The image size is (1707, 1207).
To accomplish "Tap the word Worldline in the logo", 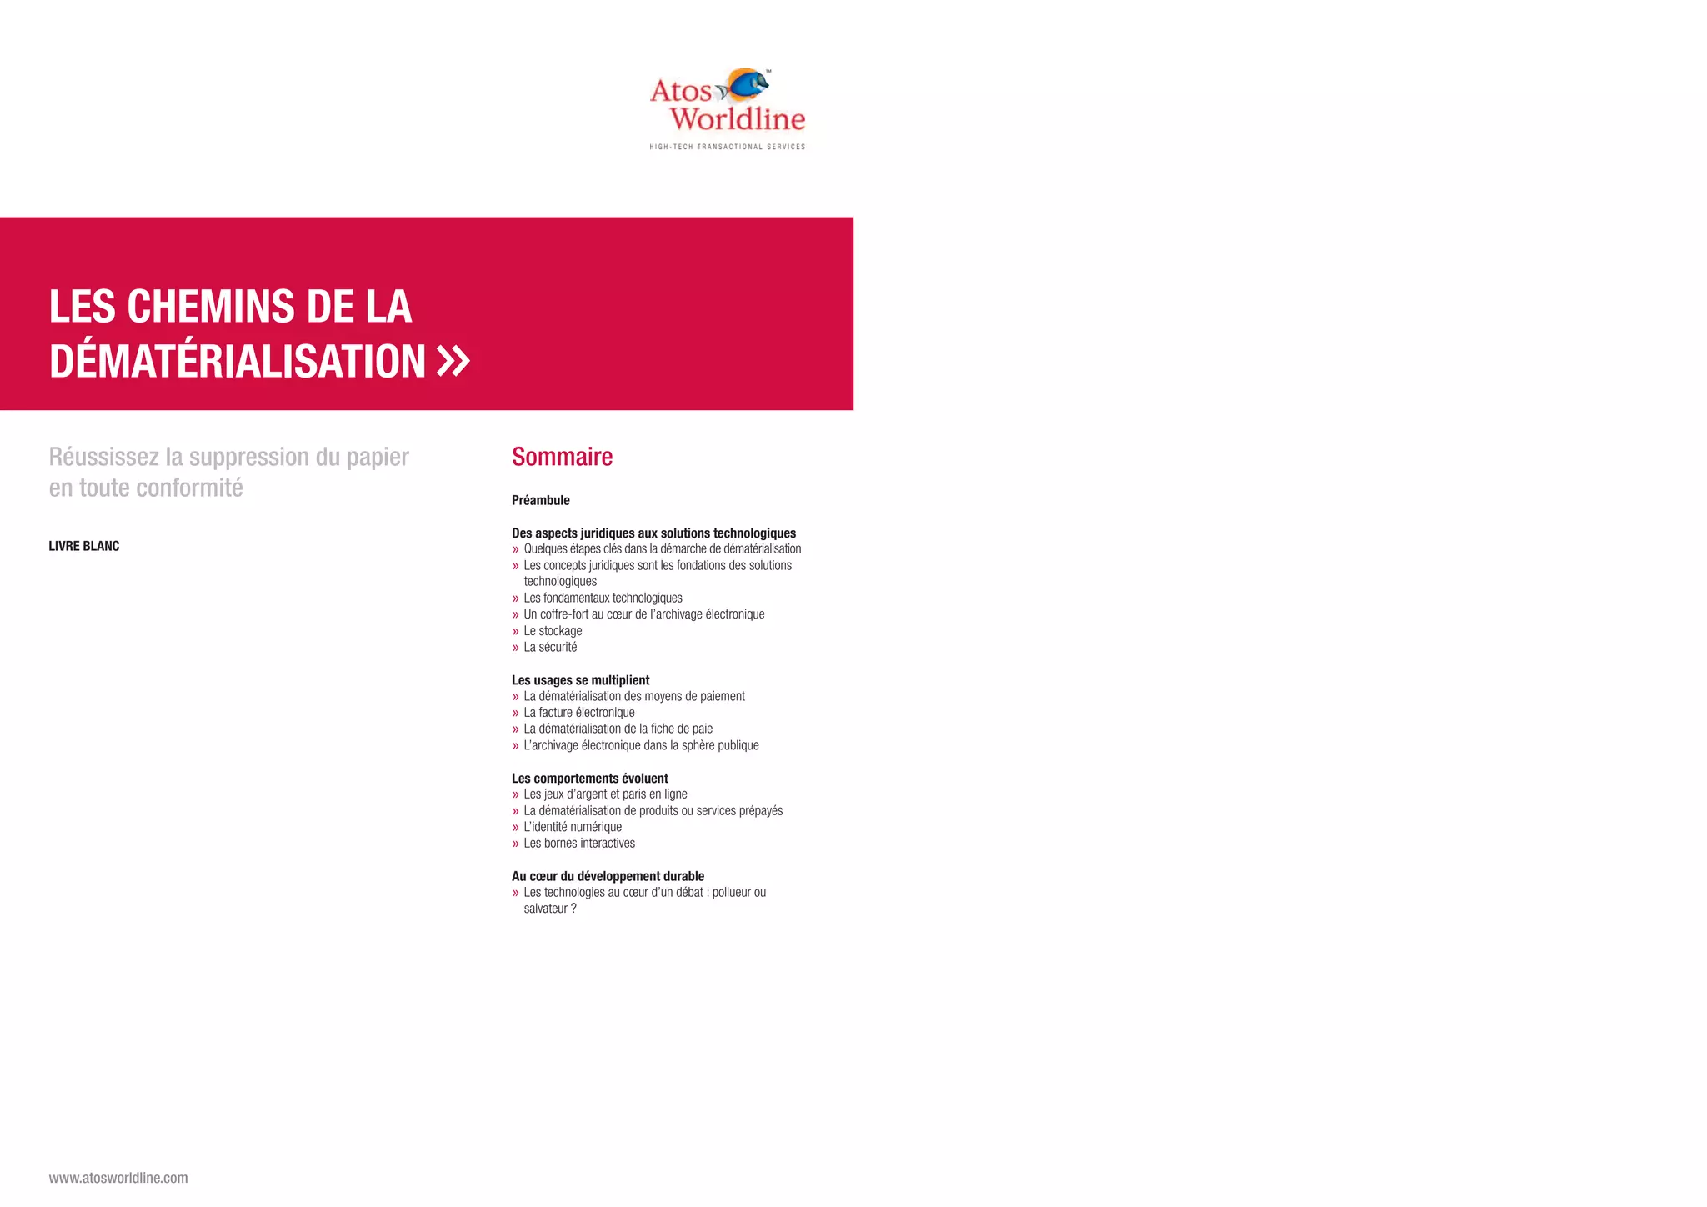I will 738,119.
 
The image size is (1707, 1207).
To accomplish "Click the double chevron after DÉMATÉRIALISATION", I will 453,362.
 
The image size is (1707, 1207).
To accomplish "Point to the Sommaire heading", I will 562,457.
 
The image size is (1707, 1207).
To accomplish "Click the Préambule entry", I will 541,500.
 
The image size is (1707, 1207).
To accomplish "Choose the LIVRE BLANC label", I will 84,546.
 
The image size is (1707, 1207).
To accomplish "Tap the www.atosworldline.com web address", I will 118,1178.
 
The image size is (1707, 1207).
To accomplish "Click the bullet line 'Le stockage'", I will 553,631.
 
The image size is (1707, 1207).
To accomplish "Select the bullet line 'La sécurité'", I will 550,647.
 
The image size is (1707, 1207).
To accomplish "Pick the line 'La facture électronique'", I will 579,713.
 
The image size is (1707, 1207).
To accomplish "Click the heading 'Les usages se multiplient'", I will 580,680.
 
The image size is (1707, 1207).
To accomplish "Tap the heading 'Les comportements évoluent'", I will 589,779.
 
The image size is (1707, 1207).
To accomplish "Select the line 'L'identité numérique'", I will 573,827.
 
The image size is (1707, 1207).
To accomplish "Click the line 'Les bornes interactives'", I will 579,844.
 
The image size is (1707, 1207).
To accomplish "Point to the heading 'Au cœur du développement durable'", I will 608,876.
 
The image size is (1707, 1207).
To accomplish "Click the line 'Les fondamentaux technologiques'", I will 603,598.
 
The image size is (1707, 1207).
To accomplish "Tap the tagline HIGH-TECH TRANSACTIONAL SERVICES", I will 728,147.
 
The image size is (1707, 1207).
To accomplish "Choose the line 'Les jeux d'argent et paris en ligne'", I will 605,794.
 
